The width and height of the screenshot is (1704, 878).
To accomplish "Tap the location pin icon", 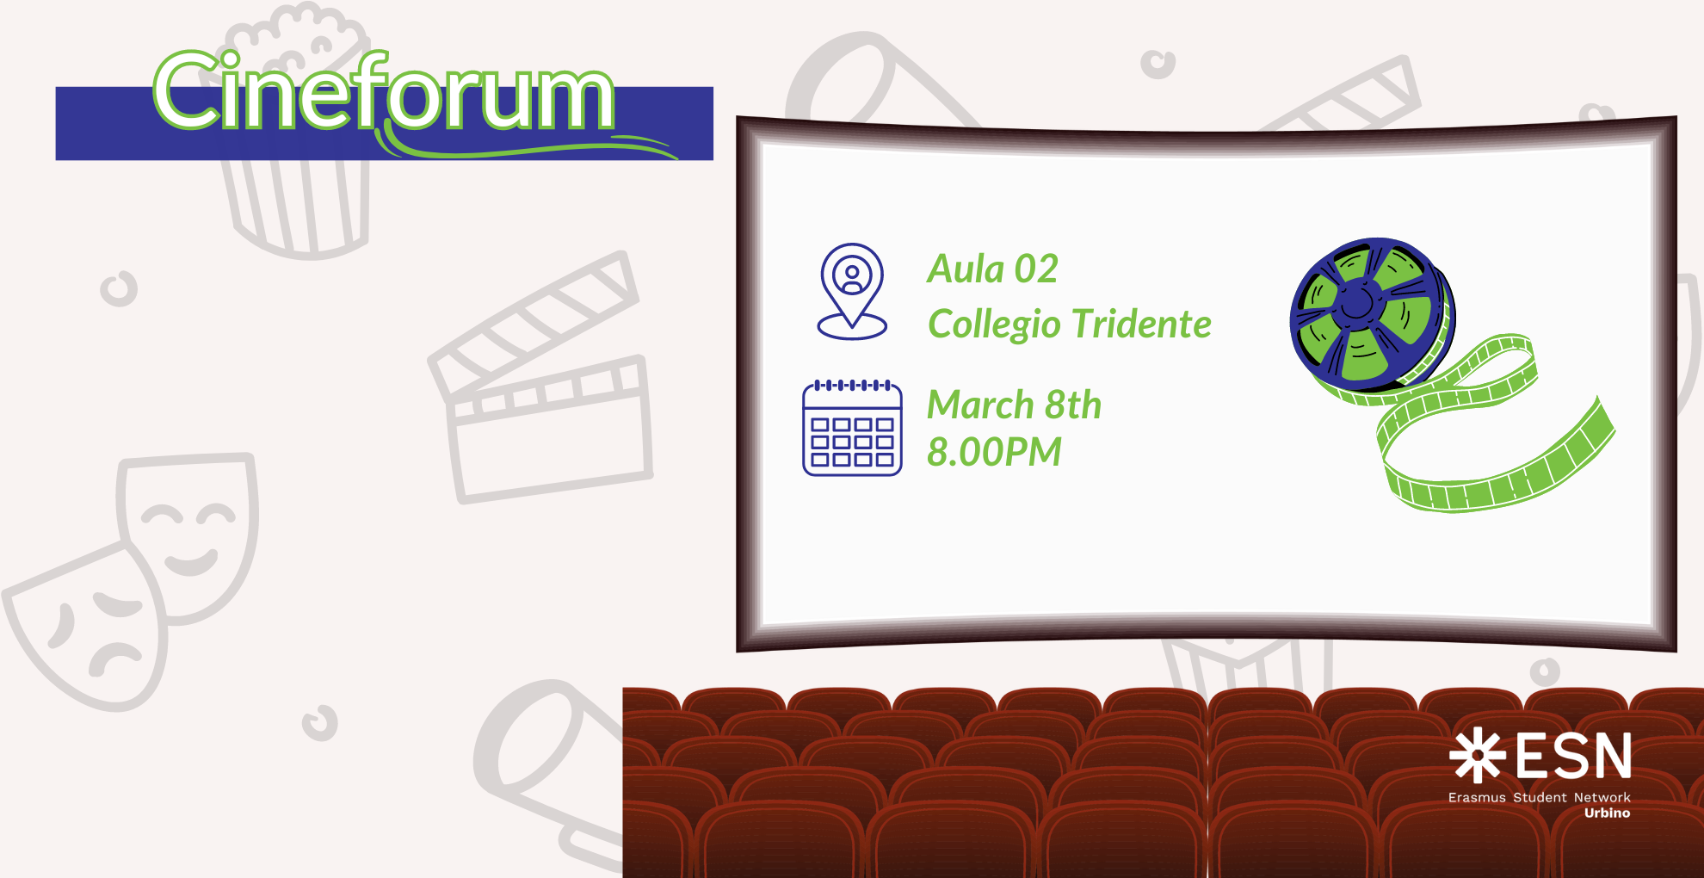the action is pyautogui.click(x=852, y=291).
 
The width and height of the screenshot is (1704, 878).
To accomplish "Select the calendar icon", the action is pyautogui.click(x=852, y=428).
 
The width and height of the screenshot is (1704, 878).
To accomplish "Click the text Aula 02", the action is pyautogui.click(x=992, y=269).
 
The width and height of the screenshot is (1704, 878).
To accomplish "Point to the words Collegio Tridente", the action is pyautogui.click(x=1069, y=325).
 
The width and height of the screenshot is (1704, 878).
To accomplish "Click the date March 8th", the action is pyautogui.click(x=1014, y=405).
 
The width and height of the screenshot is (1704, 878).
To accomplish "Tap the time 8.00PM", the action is pyautogui.click(x=994, y=452).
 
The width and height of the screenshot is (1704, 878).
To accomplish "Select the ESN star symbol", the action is pyautogui.click(x=1477, y=756).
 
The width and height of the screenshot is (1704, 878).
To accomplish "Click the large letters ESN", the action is pyautogui.click(x=1573, y=756).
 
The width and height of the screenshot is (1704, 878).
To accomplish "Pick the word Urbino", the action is pyautogui.click(x=1607, y=813).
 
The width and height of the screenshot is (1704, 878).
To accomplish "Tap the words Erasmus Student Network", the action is pyautogui.click(x=1539, y=798).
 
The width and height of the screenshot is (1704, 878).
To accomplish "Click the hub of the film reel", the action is pyautogui.click(x=1358, y=301).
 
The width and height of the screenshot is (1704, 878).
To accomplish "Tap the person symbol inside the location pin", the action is pyautogui.click(x=852, y=278).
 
